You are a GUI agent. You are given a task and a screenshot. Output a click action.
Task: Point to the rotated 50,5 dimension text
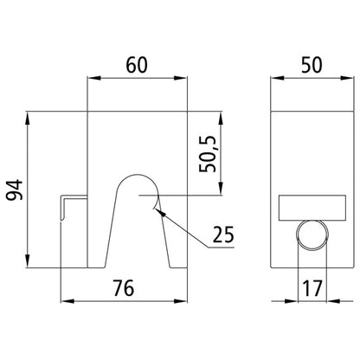[208, 151]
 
